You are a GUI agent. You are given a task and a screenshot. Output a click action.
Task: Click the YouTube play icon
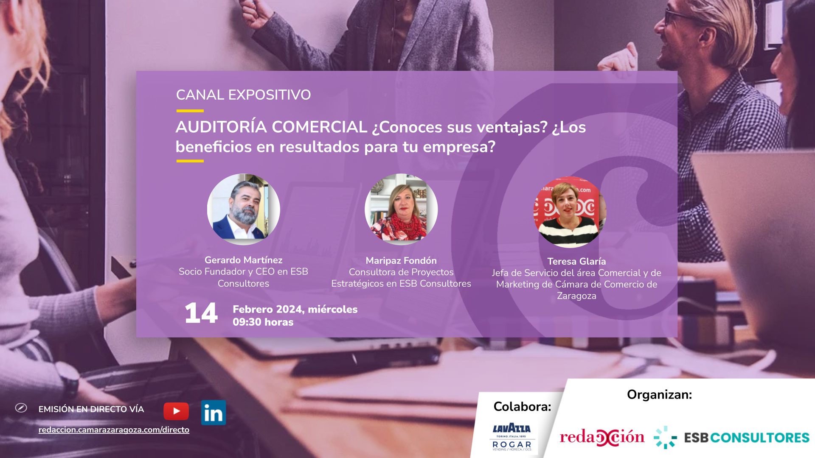[176, 411]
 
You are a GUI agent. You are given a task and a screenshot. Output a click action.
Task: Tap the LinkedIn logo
[214, 413]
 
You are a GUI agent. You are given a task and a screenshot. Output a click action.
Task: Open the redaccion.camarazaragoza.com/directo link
[114, 430]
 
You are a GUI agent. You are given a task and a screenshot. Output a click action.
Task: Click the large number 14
[201, 313]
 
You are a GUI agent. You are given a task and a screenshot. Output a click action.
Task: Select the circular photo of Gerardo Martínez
[244, 209]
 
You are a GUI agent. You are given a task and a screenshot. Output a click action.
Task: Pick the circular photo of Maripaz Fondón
[401, 209]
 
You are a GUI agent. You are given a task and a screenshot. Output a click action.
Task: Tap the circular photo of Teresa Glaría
[570, 212]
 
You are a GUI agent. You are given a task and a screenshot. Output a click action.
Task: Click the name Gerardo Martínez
[244, 260]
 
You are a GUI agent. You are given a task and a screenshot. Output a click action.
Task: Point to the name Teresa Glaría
[576, 261]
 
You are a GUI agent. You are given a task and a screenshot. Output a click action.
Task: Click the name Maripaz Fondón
[401, 260]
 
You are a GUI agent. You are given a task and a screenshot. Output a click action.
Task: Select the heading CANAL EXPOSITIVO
[243, 95]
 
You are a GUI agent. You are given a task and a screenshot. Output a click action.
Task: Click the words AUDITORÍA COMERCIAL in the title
[272, 127]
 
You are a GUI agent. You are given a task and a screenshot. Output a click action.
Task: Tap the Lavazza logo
[512, 429]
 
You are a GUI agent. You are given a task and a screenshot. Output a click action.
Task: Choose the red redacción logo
[602, 437]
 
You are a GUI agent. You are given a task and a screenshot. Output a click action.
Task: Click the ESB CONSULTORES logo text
[747, 438]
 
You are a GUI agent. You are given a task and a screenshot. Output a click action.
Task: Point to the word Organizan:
[659, 394]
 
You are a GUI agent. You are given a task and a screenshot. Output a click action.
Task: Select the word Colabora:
[522, 407]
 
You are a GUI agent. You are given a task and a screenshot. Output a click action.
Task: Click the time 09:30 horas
[263, 322]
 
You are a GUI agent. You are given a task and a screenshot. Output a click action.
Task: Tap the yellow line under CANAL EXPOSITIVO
[190, 111]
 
